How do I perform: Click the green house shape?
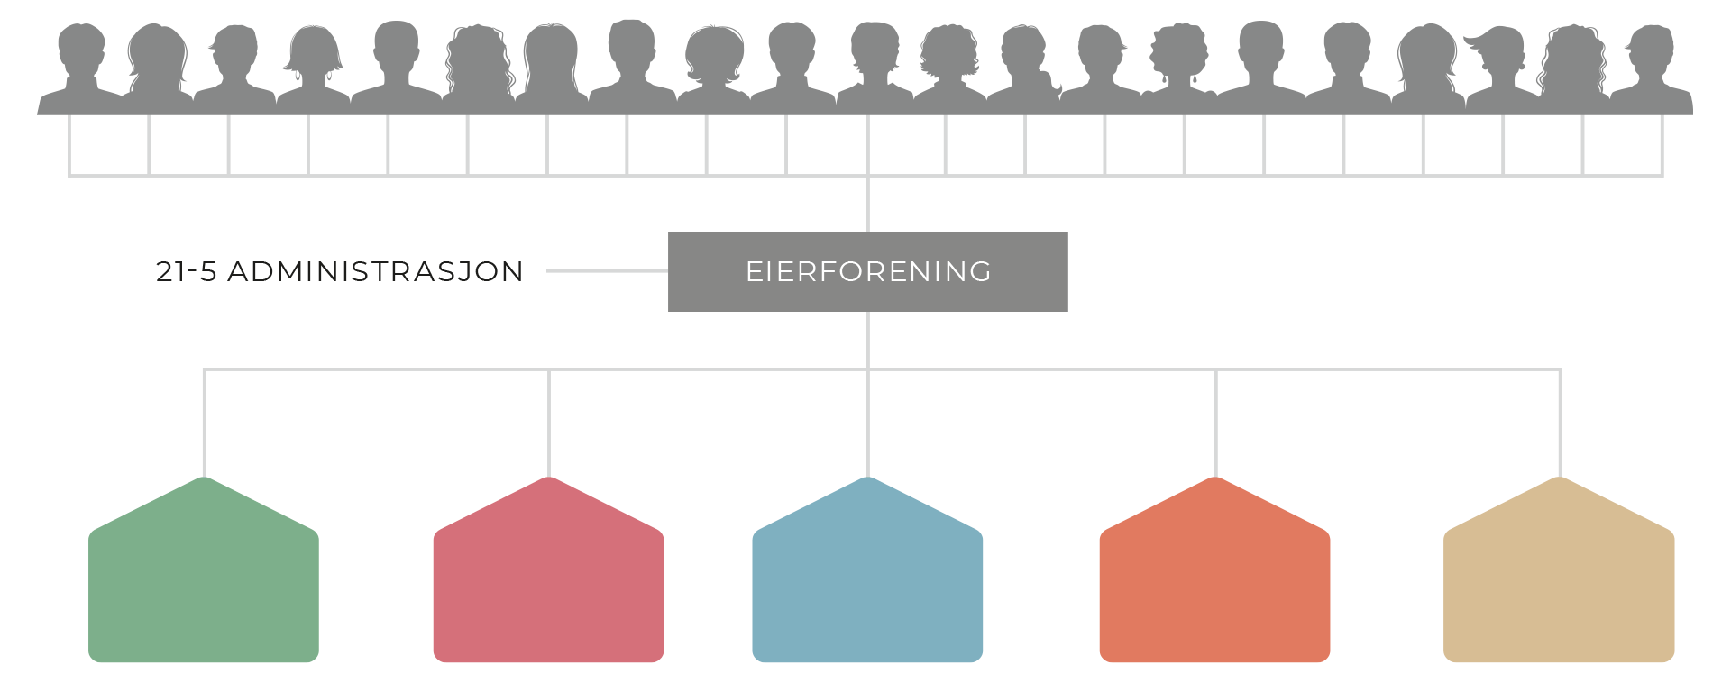point(204,586)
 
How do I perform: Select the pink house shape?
point(548,586)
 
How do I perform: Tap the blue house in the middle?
point(867,586)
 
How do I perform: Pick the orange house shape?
point(1214,586)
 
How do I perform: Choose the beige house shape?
point(1559,586)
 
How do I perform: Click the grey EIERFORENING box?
point(867,271)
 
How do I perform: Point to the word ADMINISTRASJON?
point(375,271)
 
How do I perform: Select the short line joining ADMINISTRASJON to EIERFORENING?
point(607,270)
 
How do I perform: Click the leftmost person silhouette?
point(81,68)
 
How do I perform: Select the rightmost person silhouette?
point(1652,68)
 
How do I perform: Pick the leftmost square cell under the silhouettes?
point(109,144)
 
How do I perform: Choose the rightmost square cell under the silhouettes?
point(1623,144)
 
